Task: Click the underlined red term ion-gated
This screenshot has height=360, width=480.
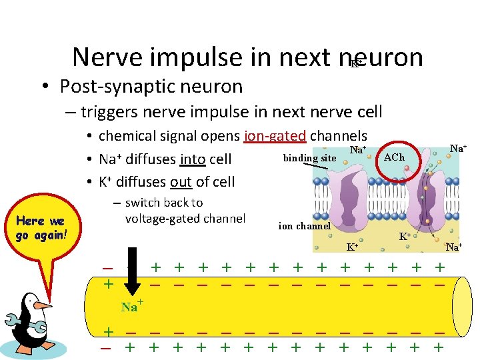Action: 275,137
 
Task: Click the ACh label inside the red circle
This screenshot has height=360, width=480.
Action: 394,157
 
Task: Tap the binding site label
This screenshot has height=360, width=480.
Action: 309,158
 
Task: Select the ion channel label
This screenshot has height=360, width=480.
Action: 305,226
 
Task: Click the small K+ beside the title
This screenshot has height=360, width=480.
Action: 357,63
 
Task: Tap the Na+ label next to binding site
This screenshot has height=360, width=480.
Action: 358,151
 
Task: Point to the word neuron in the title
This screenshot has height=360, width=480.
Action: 387,58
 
